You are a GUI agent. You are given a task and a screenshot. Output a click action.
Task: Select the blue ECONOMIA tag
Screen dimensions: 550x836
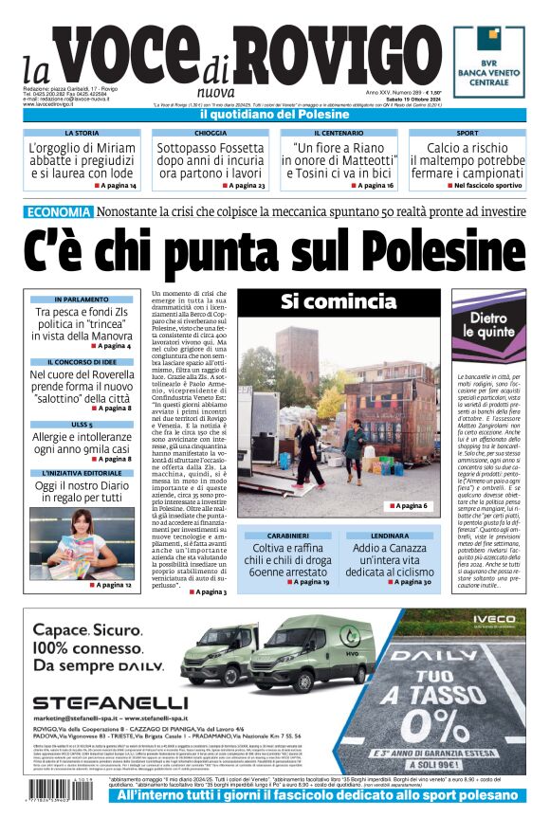[x=59, y=212]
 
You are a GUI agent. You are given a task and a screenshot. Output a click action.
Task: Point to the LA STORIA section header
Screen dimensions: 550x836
[x=81, y=134]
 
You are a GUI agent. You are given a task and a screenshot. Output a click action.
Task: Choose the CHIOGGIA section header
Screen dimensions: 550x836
[x=211, y=134]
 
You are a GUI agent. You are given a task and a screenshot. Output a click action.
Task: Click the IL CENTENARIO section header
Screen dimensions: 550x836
[x=339, y=134]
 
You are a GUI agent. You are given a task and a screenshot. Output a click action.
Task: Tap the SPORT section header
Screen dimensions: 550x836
[x=467, y=134]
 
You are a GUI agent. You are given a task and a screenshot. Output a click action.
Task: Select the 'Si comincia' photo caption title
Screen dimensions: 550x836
[x=338, y=302]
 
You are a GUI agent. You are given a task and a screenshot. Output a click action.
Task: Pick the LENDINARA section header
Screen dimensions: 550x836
[x=389, y=536]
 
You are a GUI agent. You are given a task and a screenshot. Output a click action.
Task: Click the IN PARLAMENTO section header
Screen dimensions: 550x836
[x=82, y=300]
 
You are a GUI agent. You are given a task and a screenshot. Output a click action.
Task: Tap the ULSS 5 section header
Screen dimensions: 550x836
[x=82, y=424]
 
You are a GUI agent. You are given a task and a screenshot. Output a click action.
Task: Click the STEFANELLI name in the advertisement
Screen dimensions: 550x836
[x=110, y=703]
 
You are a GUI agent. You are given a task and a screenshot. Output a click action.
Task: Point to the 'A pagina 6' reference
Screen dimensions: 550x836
[x=408, y=506]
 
